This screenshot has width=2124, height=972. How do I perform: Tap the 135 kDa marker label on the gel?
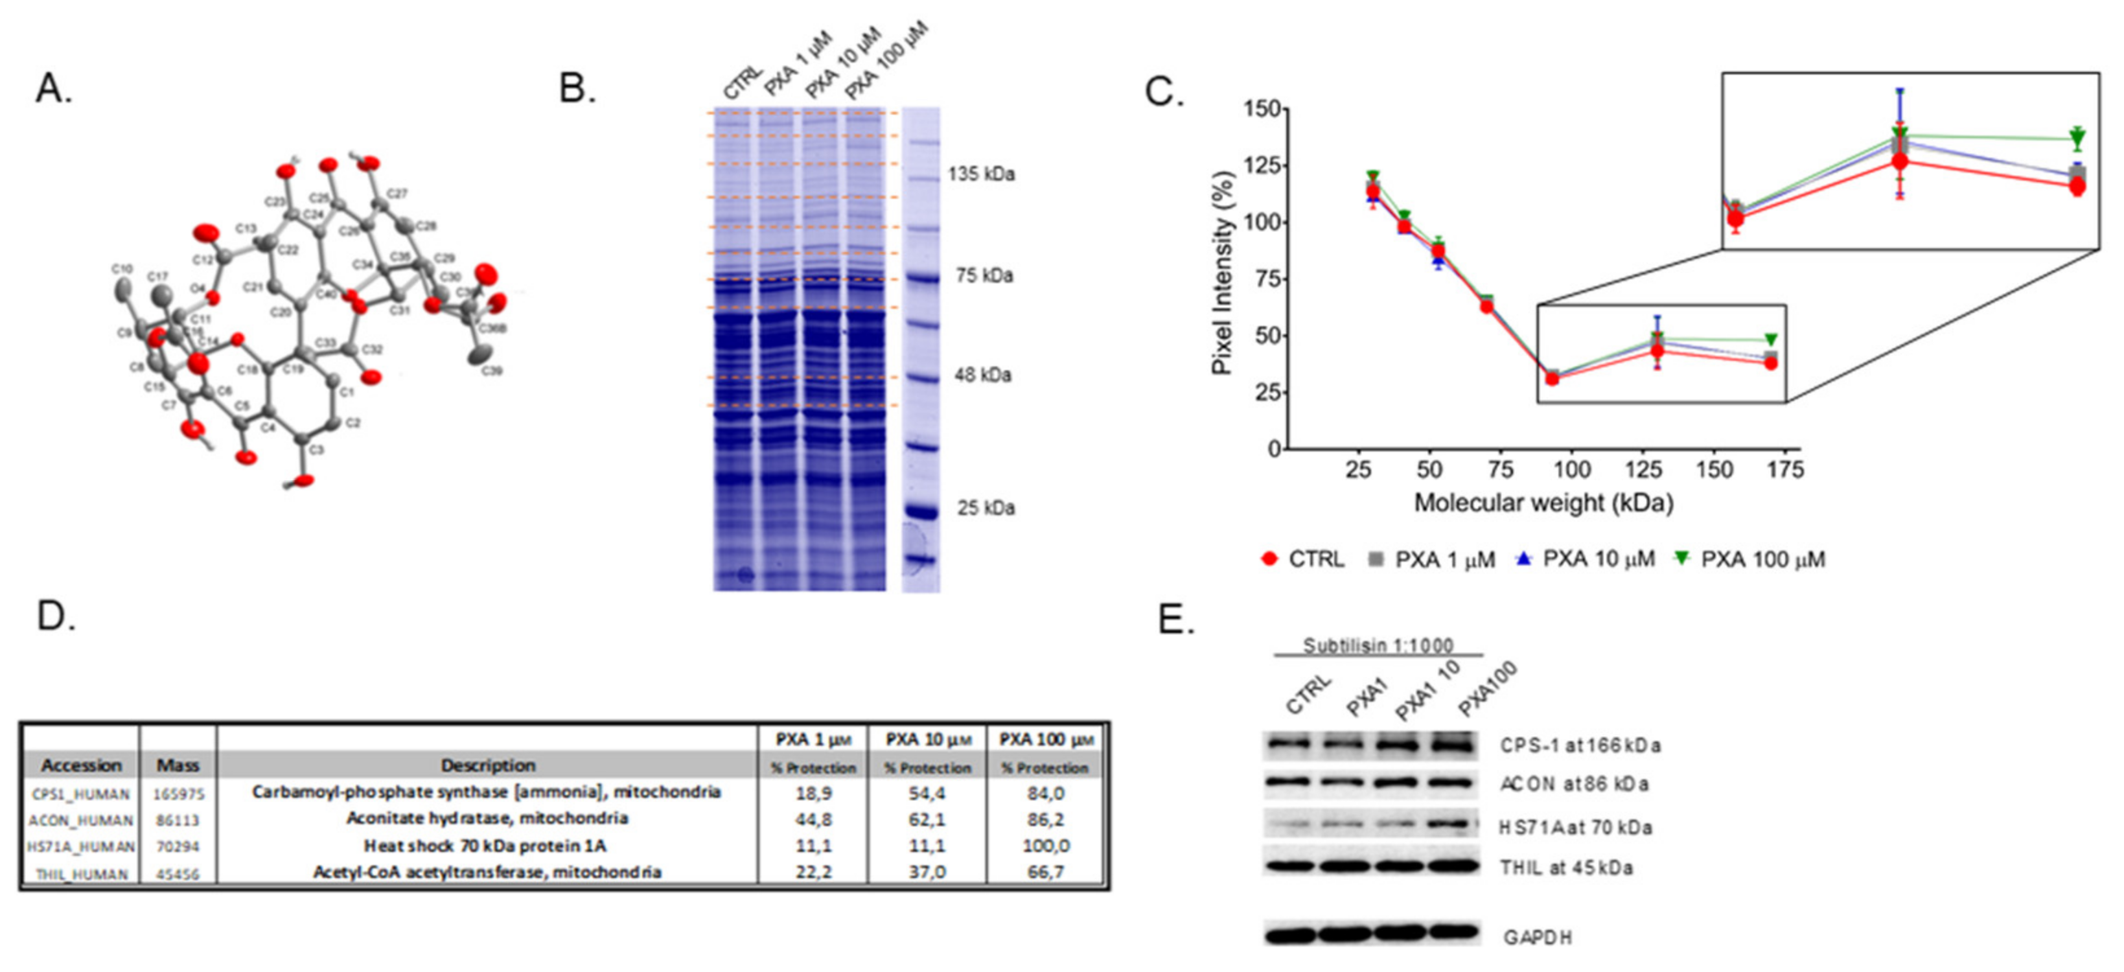(x=981, y=174)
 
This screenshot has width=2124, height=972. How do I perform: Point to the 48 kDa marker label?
(x=983, y=375)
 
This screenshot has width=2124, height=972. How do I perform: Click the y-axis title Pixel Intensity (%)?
(x=1222, y=273)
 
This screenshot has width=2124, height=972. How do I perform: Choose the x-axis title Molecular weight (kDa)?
(x=1543, y=503)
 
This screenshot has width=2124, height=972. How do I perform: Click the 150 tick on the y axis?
(x=1262, y=109)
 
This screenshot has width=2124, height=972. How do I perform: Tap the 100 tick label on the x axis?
(x=1571, y=470)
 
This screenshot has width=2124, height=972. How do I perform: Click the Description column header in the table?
(x=487, y=765)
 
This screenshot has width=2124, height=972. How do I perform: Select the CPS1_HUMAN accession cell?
(x=81, y=794)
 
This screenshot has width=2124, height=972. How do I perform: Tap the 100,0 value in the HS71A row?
(x=1046, y=846)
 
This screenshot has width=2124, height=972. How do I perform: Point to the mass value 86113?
(x=178, y=820)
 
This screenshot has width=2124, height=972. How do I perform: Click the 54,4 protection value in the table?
(x=927, y=793)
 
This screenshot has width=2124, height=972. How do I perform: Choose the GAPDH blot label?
(x=1537, y=938)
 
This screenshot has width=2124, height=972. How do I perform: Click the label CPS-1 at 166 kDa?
(x=1580, y=745)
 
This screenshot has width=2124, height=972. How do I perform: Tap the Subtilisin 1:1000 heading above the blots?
(x=1378, y=645)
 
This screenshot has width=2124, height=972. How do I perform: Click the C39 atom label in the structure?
(x=492, y=372)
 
